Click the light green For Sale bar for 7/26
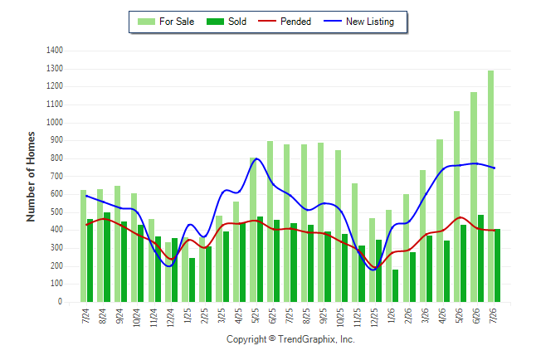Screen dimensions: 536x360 pos(490,186)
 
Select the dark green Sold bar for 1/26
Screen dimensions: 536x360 pos(395,286)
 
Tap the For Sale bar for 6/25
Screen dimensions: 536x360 pos(270,221)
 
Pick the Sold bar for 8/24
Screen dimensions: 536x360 pos(107,257)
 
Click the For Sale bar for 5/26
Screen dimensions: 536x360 pos(456,207)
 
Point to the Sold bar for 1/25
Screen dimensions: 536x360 pos(192,280)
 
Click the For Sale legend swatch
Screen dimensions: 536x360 pos(146,22)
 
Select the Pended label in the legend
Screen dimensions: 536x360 pos(295,22)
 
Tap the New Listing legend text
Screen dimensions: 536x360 pos(370,22)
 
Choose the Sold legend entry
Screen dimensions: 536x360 pos(227,22)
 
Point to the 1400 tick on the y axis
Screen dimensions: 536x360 pos(55,51)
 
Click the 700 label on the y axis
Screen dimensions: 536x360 pos(56,177)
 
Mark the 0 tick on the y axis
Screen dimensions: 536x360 pos(61,302)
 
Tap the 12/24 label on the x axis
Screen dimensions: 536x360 pos(171,318)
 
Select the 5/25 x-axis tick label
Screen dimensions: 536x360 pos(256,316)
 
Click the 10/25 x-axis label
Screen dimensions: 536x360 pos(340,318)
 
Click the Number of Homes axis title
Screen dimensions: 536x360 pos(31,177)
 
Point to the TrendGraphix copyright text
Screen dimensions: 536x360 pos(290,339)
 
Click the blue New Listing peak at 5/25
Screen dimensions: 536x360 pos(256,158)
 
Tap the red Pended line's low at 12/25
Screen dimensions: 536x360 pos(375,268)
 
